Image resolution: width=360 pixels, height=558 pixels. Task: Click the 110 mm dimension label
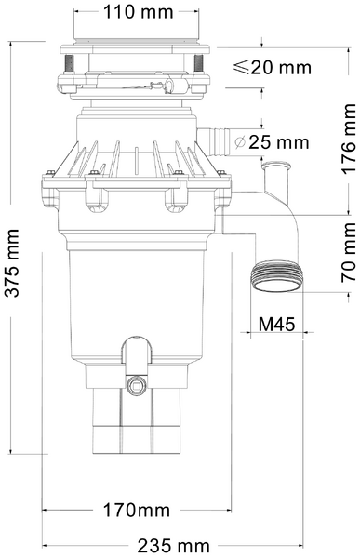click(x=139, y=13)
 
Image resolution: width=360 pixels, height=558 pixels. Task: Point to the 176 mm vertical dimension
click(x=349, y=132)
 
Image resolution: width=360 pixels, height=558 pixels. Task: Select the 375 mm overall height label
click(x=12, y=264)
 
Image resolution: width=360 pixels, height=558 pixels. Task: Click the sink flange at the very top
click(x=136, y=46)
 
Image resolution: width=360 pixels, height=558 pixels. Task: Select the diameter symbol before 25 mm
click(x=240, y=143)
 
